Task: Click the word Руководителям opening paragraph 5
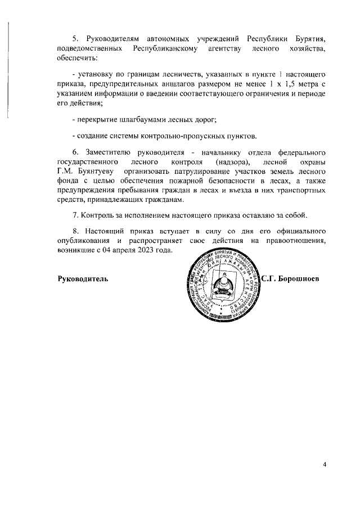point(112,38)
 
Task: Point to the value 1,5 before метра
point(285,84)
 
